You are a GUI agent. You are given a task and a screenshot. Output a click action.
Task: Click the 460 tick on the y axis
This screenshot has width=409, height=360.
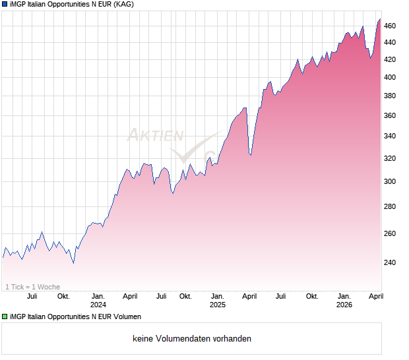coord(390,26)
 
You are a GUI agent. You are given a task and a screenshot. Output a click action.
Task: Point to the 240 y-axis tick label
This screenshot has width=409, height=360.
coord(390,262)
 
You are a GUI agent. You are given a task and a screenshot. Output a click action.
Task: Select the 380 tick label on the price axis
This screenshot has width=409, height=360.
coord(390,96)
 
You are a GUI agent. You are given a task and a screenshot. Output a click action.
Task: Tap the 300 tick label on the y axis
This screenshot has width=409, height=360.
coord(390,182)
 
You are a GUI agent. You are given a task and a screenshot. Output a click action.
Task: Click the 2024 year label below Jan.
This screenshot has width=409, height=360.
coord(98,305)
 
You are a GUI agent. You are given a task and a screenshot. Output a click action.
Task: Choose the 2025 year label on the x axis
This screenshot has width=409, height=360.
coord(218,305)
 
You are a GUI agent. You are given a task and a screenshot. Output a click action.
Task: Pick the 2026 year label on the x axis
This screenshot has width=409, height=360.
coord(344,305)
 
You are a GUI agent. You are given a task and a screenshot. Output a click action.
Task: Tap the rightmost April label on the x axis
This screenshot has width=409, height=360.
coord(375,296)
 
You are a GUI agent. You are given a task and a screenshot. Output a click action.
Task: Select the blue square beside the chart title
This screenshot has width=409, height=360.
coord(5,5)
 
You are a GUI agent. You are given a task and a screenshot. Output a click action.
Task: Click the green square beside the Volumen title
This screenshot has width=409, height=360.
coord(5,317)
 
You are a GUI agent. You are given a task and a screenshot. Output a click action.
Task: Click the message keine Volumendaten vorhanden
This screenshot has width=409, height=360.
coord(192,339)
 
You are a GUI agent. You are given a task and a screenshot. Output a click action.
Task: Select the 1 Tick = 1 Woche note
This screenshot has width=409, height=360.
coord(32,287)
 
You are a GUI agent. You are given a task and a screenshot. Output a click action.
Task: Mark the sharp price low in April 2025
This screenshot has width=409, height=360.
coord(250,155)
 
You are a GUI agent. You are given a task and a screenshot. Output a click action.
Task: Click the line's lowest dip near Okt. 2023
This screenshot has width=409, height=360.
coord(73,262)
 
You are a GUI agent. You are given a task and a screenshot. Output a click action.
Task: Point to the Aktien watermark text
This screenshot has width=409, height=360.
coord(155,136)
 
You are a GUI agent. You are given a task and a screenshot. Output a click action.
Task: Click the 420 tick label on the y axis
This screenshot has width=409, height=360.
coord(390,59)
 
